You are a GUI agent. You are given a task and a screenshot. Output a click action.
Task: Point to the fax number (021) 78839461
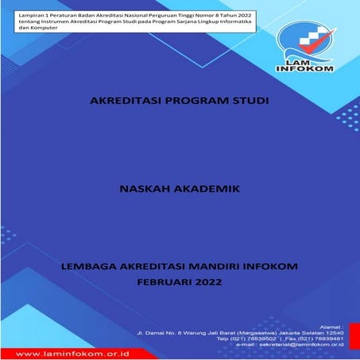[x=323, y=338]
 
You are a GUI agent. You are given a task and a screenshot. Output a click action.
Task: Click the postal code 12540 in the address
[x=335, y=331]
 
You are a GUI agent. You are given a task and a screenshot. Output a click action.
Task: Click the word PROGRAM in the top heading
[x=192, y=102]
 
